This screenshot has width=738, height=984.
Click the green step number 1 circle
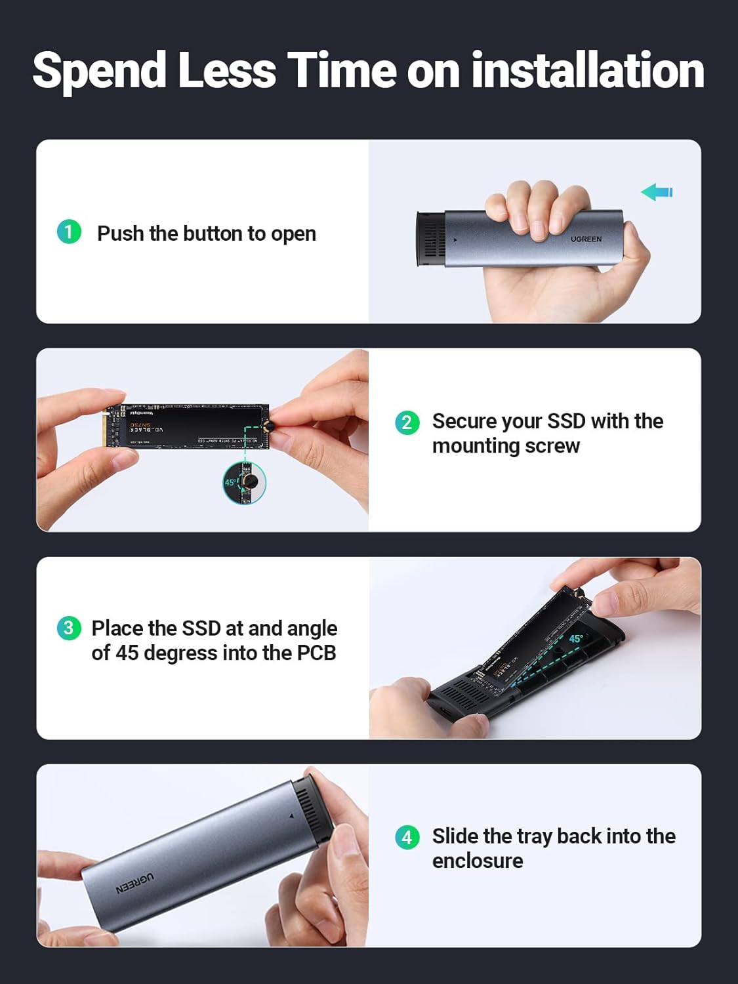click(x=69, y=232)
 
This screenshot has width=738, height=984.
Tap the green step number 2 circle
click(x=407, y=422)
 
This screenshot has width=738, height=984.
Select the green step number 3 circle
click(x=69, y=628)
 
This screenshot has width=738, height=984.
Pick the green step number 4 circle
click(x=407, y=837)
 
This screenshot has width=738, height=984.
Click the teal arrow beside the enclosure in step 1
click(x=657, y=192)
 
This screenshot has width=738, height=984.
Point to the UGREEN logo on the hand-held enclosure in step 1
click(x=586, y=239)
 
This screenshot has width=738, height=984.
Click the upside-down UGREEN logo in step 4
click(x=135, y=883)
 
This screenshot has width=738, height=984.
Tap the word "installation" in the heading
click(x=587, y=71)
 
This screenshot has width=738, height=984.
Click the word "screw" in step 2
click(x=552, y=446)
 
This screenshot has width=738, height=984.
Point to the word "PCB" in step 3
click(x=316, y=653)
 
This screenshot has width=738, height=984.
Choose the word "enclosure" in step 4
click(x=478, y=861)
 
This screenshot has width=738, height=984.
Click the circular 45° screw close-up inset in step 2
click(x=244, y=483)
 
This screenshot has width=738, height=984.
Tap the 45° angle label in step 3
click(x=576, y=638)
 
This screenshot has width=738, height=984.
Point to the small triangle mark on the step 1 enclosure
click(x=456, y=240)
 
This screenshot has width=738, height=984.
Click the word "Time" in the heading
click(x=341, y=71)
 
